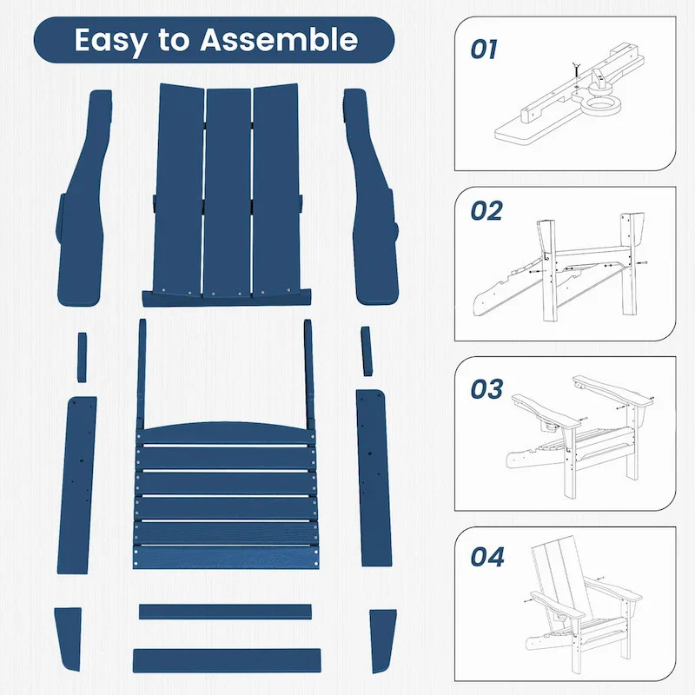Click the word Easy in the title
pos(108,40)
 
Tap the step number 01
pos(484,50)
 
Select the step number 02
pos(486,211)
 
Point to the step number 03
pos(486,388)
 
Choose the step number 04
pos(486,557)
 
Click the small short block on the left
pos(82,355)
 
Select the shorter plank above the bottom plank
pos(225,612)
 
